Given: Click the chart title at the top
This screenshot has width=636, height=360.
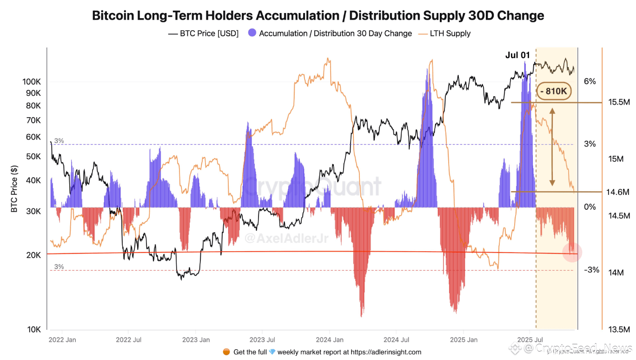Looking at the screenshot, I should point(318,15).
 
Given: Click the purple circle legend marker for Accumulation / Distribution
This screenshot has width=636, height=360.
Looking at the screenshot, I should point(252,33).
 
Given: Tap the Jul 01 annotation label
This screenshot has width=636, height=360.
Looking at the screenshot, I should point(517,55).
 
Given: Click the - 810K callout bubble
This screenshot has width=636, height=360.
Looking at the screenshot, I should point(554,92).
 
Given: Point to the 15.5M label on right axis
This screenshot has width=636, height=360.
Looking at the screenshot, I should point(619,102).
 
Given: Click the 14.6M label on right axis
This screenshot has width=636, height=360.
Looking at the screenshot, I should point(618,192).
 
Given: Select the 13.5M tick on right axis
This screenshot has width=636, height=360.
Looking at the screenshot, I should point(619,329).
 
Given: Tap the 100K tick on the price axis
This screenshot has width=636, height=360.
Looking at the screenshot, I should point(32,82).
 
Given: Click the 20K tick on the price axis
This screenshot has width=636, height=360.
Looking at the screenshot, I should point(33,255).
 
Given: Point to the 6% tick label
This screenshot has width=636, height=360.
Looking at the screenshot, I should point(590,81).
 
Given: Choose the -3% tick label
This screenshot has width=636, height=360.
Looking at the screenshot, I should point(591,270).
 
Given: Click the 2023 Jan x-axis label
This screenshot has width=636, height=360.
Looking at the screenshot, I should point(196,340).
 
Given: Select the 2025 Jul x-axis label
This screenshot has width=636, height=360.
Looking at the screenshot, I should point(530,340).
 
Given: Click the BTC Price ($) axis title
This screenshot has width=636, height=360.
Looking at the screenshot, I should point(14,189).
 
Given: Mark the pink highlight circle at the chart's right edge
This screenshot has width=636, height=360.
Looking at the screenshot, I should point(572,252).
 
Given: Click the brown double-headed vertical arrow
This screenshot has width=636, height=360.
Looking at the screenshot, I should point(552,147).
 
